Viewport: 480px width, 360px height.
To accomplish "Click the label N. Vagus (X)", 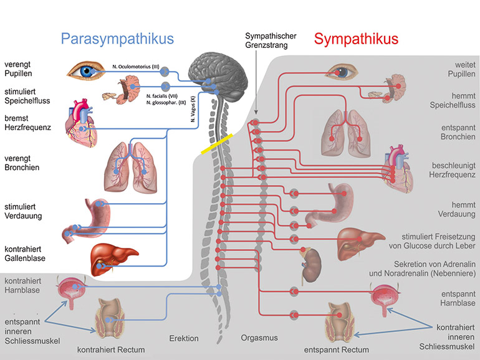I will [x=193, y=108].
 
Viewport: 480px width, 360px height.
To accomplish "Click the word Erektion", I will [x=184, y=338].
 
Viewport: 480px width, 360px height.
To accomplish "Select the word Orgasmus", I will [x=259, y=338].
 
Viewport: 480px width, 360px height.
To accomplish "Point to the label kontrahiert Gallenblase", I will [x=25, y=253].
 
